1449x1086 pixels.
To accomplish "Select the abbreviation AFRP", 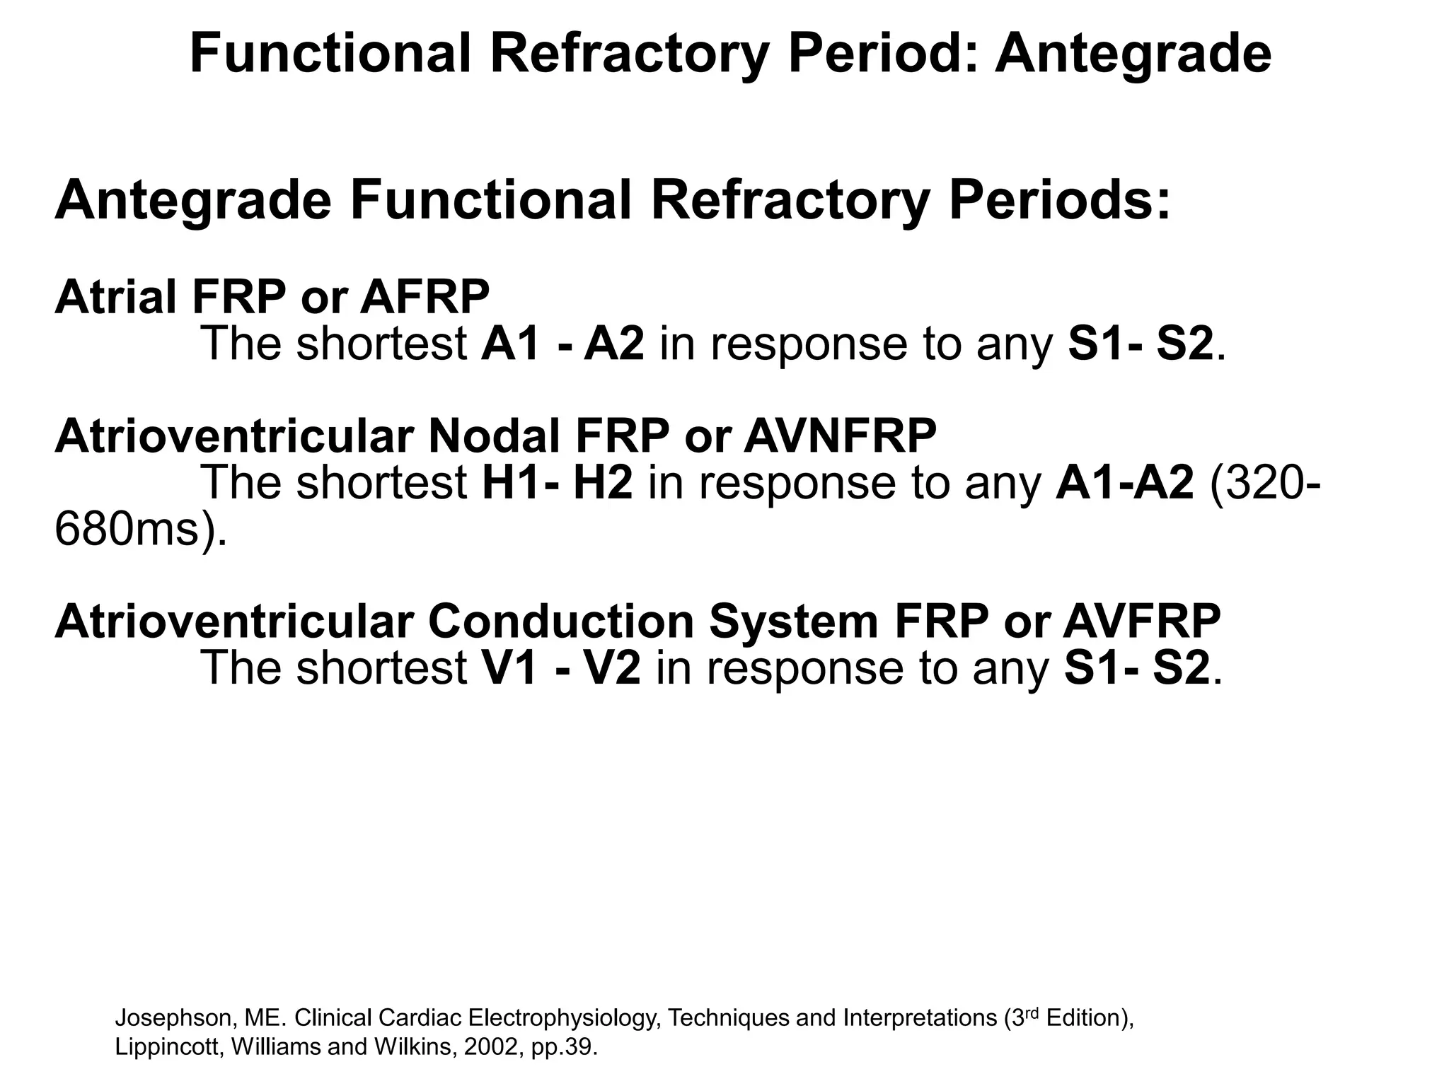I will [425, 297].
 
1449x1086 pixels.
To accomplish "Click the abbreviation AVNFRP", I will [840, 436].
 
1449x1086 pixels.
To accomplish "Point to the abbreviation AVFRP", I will [1141, 621].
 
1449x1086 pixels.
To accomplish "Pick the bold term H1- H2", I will [557, 483].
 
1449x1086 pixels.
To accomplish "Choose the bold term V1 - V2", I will [561, 668].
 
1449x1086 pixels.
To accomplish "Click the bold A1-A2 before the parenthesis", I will [1124, 483].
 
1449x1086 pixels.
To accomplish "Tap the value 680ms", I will [134, 530].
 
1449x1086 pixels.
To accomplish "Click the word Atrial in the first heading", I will [115, 297].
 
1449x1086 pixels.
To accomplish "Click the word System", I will [793, 621].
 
